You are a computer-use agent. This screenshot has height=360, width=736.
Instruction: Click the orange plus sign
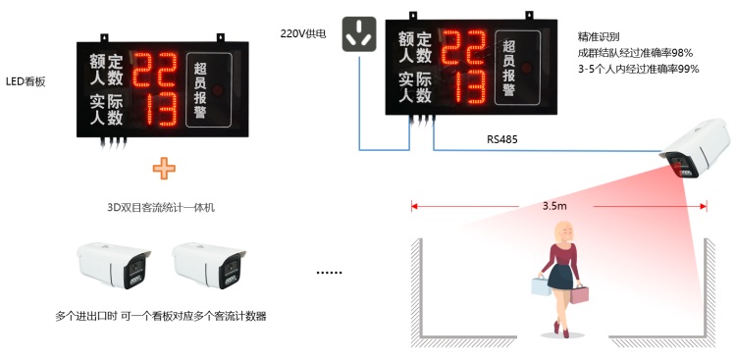pos(163,169)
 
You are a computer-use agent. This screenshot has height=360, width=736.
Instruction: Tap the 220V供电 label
pos(302,32)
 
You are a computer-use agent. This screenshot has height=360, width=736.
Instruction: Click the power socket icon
pos(358,34)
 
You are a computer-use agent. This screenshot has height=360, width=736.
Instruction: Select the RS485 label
pos(501,139)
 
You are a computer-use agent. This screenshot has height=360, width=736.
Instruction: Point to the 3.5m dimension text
pos(554,206)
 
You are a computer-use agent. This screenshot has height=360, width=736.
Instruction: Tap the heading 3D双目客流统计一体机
pos(161,208)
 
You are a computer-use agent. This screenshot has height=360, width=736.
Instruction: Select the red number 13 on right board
pos(462,88)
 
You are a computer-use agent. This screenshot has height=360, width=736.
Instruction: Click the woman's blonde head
pos(565,231)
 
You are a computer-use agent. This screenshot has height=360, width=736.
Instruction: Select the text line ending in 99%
pos(638,69)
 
